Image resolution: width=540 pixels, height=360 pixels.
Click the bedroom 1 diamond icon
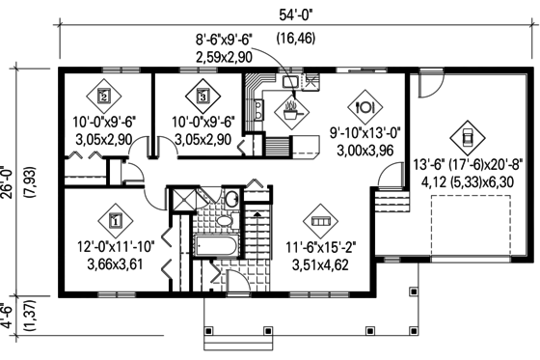coord(116,220)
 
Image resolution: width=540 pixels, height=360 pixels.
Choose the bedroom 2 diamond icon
coord(104,97)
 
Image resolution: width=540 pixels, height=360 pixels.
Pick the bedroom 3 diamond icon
coord(202,97)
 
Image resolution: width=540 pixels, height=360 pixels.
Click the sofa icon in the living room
coord(320,220)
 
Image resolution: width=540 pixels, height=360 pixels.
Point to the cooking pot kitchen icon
coord(289,108)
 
